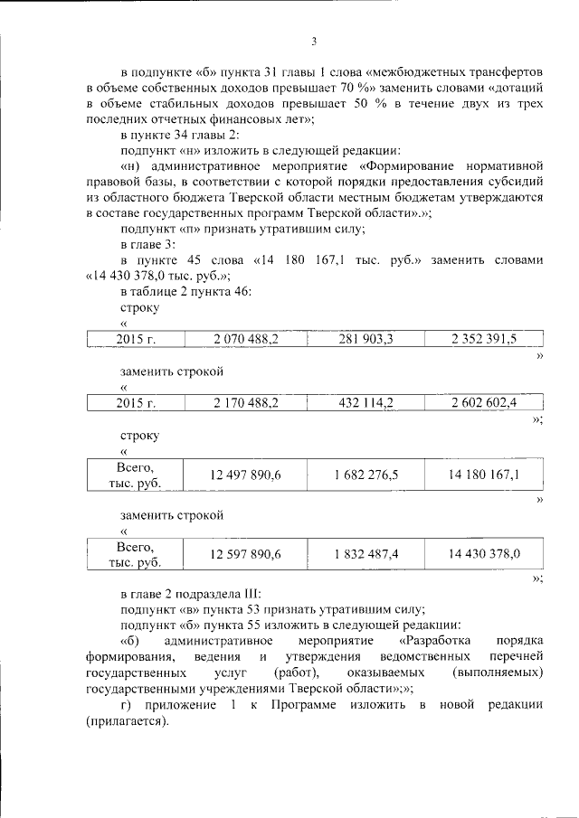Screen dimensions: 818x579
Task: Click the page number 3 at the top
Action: coord(313,41)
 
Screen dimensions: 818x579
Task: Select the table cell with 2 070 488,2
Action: coord(245,339)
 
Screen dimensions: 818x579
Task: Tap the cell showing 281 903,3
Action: coord(365,339)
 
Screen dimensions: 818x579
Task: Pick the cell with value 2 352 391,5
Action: coord(484,339)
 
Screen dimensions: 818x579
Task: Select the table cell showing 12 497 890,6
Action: coord(245,475)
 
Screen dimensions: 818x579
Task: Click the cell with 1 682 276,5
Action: coord(365,475)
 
